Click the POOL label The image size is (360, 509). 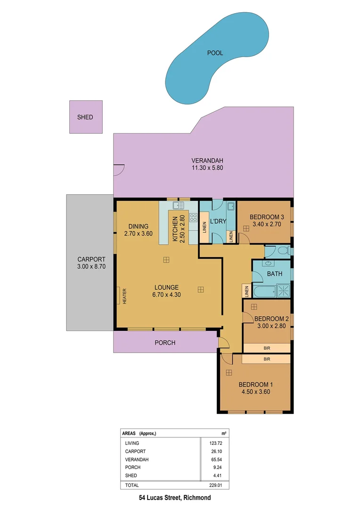(x=215, y=53)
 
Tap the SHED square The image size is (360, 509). (x=85, y=117)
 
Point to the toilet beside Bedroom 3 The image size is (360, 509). (x=282, y=251)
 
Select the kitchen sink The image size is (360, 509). (x=178, y=205)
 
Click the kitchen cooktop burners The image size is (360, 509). (x=193, y=217)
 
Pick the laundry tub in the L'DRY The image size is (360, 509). (x=231, y=206)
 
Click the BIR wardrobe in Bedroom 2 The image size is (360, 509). (x=267, y=348)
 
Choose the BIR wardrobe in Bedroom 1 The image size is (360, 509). (x=267, y=359)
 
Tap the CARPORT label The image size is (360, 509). (x=91, y=259)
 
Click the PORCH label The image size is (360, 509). (x=165, y=343)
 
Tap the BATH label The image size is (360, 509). (x=274, y=273)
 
